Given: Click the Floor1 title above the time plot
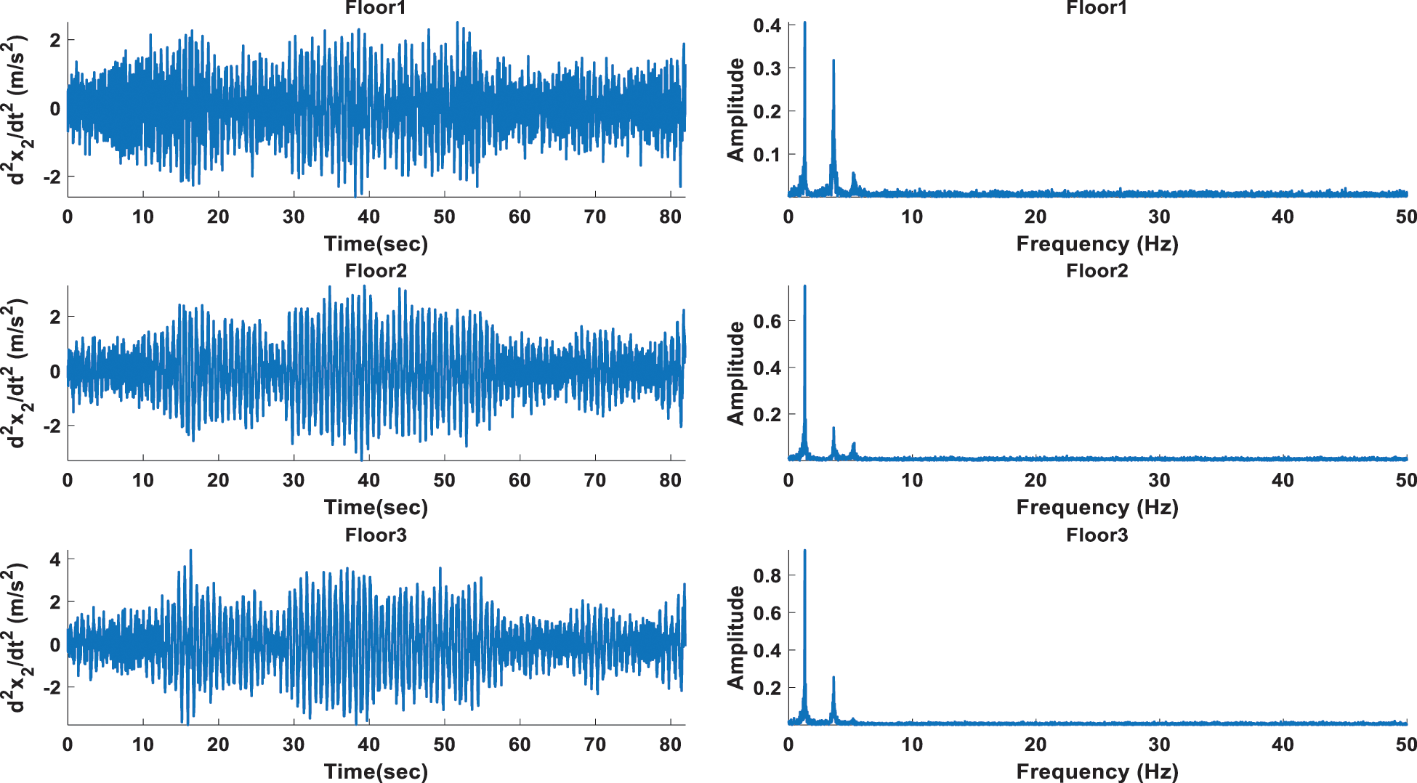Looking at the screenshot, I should click(376, 8).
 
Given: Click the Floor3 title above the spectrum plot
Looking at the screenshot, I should click(1097, 535).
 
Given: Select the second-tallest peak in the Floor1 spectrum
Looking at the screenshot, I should click(833, 62).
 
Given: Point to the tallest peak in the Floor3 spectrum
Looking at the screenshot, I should click(804, 552).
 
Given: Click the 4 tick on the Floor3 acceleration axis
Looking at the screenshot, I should click(54, 559).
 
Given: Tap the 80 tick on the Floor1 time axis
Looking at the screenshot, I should click(670, 216).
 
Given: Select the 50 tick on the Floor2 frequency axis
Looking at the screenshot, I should click(1406, 480).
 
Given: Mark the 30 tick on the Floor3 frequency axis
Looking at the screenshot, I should click(1159, 745).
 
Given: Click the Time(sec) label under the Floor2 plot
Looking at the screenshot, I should click(376, 507).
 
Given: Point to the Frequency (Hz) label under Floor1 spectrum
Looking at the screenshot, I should click(1097, 243).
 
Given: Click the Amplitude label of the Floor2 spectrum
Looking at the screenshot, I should click(736, 373).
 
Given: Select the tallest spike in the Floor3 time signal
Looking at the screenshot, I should click(190, 551).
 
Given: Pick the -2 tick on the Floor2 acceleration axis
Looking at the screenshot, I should click(52, 426).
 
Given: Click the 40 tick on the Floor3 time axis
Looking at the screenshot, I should click(368, 745).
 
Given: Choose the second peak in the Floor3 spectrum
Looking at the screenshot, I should click(833, 678).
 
